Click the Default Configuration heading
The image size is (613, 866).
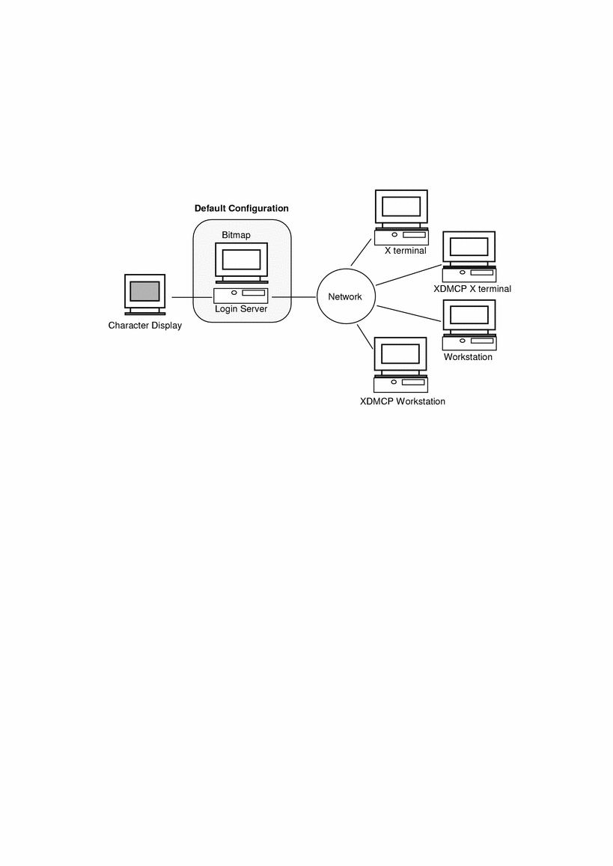coord(241,208)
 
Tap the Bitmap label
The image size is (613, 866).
coord(236,235)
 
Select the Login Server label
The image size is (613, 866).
coord(241,308)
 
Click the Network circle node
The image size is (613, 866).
coord(345,296)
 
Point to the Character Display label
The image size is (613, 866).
coord(144,326)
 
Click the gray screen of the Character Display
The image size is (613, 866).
coord(144,290)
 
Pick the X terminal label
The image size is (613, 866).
coord(405,251)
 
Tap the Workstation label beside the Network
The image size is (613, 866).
coord(468,357)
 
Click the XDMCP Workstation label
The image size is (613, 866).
coord(402,402)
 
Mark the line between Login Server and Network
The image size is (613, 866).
coord(294,297)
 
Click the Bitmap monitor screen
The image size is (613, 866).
coord(241,260)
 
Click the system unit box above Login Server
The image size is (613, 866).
coord(241,295)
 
